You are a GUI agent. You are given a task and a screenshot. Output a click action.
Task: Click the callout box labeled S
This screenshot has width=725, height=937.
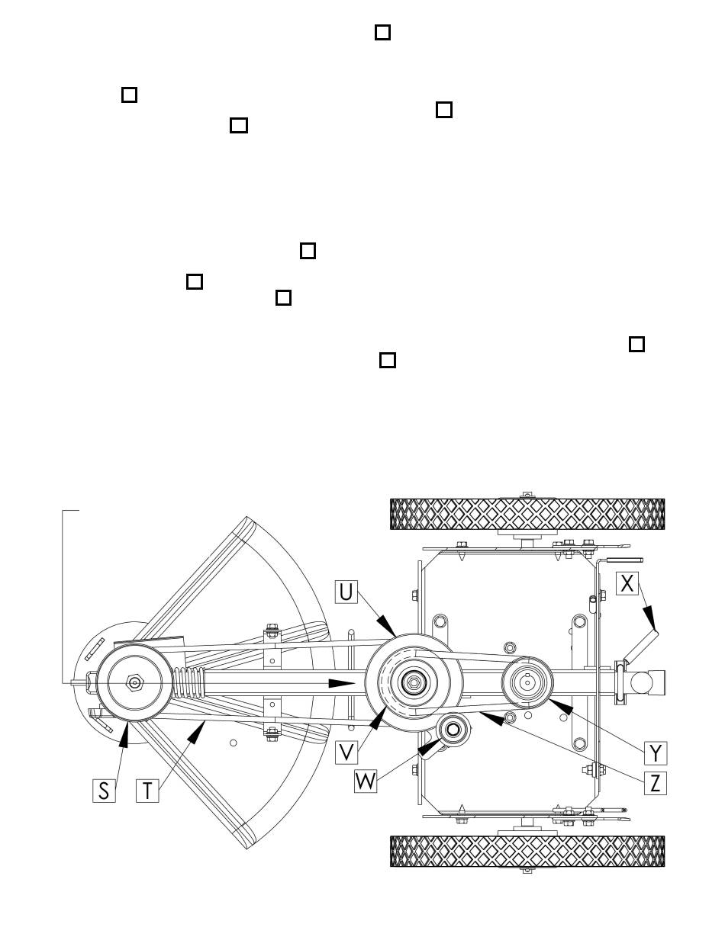pos(104,791)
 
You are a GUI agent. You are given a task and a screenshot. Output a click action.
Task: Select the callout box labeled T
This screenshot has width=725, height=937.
pos(147,791)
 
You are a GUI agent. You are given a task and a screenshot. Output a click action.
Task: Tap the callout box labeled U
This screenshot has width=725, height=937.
pos(346,592)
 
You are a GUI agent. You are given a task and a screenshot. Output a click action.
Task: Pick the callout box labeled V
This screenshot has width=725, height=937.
pos(346,752)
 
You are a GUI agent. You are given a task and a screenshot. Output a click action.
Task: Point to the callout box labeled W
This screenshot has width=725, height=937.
pos(366,781)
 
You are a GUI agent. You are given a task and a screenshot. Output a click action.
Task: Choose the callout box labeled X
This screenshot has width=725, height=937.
pos(627,583)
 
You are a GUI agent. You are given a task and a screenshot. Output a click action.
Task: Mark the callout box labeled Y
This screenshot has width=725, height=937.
pos(656,753)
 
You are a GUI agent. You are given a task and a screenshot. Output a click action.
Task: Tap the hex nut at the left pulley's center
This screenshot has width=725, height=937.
pos(134,682)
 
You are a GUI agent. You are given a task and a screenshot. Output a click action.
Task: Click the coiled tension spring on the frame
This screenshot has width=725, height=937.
pos(188,682)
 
